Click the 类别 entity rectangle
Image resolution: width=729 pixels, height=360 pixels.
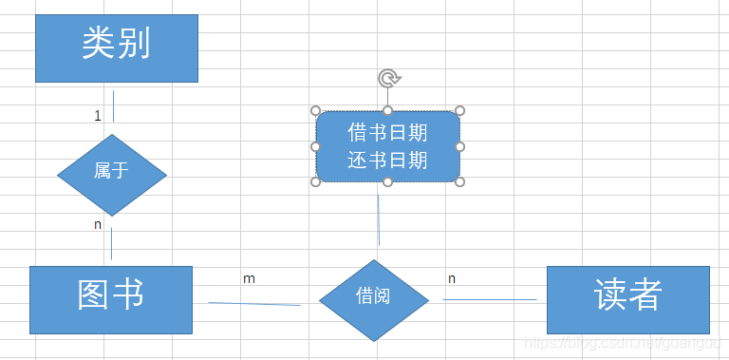coord(117,47)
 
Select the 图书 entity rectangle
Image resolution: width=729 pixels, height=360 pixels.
coord(111,299)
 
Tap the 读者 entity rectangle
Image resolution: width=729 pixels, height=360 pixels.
coord(628,299)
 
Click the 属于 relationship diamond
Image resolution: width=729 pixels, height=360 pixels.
coord(112,174)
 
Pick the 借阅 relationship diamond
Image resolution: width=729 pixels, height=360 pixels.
coord(373,299)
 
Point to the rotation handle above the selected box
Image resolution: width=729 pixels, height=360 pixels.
coord(387,78)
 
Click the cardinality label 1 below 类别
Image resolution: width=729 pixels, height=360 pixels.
coord(97,116)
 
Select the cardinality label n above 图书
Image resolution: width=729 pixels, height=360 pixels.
coord(97,225)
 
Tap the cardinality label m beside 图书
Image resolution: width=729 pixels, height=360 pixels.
coord(249,278)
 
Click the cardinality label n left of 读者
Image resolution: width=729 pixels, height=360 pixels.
coord(452,278)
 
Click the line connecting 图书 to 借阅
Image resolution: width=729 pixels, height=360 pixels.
coord(254,304)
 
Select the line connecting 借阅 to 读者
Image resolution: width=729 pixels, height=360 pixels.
coord(489,300)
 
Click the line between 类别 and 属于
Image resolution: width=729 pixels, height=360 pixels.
coord(113,106)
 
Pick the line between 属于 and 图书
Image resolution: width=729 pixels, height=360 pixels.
coord(111,243)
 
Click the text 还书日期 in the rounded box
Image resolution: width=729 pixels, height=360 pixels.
coord(387,161)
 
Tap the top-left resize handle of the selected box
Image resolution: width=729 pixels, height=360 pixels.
coord(316,111)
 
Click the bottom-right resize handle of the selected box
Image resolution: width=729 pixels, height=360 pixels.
coord(459,181)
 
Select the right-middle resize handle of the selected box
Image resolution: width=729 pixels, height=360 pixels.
coord(459,146)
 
